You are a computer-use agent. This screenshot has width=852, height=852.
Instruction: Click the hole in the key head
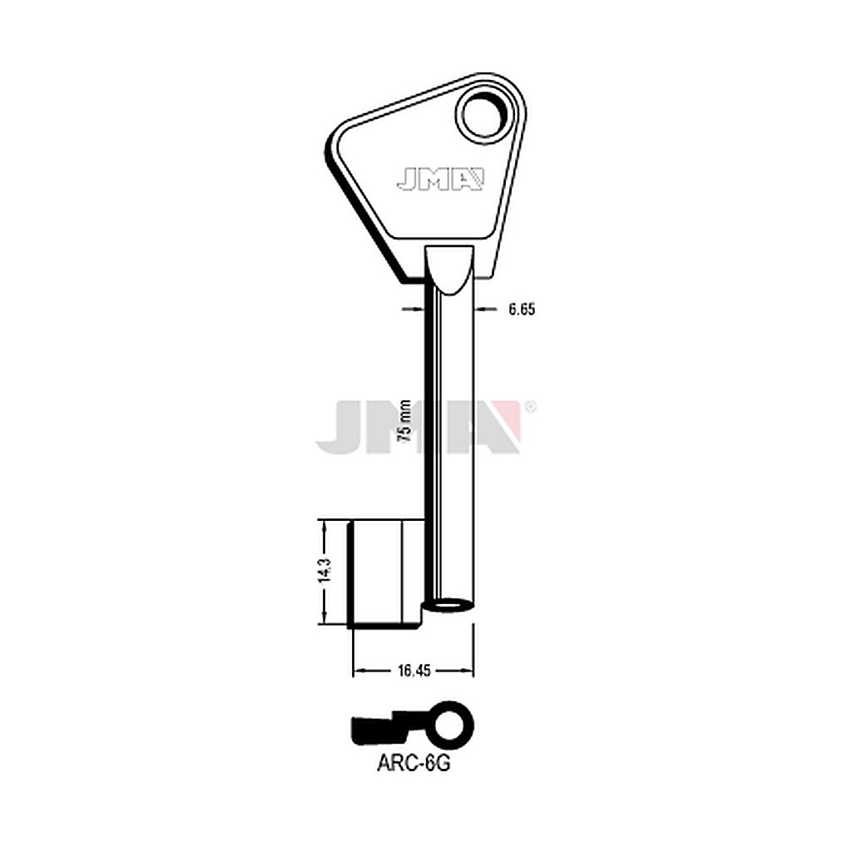pyautogui.click(x=485, y=114)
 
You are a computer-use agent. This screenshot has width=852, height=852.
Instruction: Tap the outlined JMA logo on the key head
pyautogui.click(x=440, y=180)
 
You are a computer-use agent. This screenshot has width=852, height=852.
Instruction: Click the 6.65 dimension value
pyautogui.click(x=522, y=310)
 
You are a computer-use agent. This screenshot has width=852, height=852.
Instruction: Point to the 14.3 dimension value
pyautogui.click(x=325, y=570)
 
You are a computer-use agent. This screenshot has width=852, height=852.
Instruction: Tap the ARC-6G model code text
pyautogui.click(x=414, y=764)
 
